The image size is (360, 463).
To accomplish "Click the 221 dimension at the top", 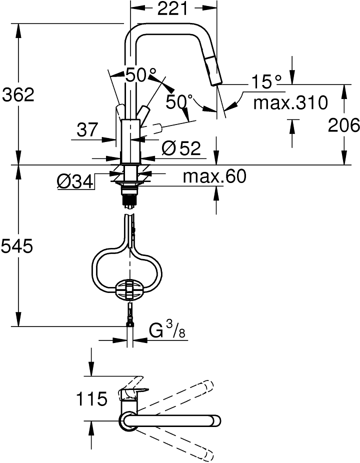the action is [172, 8].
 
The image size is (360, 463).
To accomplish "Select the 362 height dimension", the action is [18, 95].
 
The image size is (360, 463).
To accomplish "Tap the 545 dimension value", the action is [17, 246].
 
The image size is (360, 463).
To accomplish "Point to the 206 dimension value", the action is [344, 125].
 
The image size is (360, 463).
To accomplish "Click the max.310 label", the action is [290, 102].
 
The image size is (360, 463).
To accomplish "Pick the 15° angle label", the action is [266, 82].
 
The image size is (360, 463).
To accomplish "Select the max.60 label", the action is [214, 176].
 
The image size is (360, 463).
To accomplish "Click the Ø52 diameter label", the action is [181, 147].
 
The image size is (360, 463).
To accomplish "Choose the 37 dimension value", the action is [87, 130].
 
